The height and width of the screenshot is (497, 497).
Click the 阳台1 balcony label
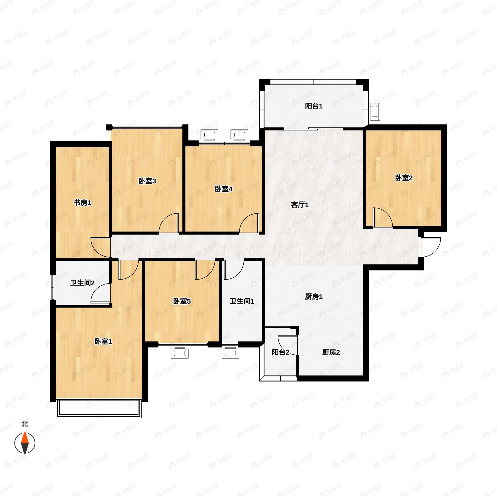[314, 106]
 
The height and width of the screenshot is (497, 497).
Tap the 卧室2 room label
[404, 178]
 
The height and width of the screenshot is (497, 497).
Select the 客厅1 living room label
[300, 205]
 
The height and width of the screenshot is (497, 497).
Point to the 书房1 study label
[82, 203]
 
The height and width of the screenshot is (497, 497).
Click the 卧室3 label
[147, 181]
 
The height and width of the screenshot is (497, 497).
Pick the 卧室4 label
[224, 189]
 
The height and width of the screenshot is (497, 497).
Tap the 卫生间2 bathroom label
[82, 283]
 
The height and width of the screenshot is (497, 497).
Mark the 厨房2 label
[331, 352]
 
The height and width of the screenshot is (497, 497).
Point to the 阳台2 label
[280, 352]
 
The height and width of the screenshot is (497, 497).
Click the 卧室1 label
[103, 342]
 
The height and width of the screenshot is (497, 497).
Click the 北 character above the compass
[25, 424]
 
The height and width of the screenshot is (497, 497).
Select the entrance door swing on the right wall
[430, 247]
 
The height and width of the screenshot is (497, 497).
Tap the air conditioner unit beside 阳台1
[375, 112]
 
